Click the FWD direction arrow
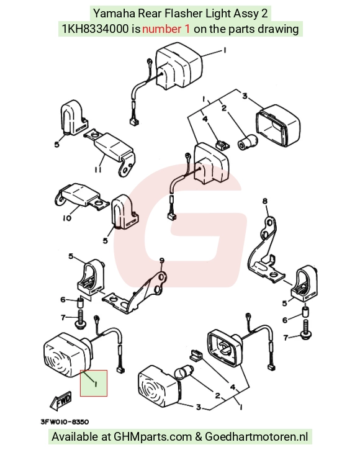point(60,400)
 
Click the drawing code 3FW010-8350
point(65,421)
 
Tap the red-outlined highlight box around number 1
point(94,383)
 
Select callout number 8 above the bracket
point(264,201)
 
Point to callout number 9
point(162,261)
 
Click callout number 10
point(66,218)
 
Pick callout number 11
point(98,170)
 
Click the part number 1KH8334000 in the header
point(96,29)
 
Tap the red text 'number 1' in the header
point(166,29)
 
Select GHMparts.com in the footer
point(153,437)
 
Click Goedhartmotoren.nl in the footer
point(256,437)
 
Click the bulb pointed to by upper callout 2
point(248,142)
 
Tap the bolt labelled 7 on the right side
point(305,329)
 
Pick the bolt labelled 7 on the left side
point(80,318)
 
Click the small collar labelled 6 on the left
point(80,302)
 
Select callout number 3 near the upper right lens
point(245,96)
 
